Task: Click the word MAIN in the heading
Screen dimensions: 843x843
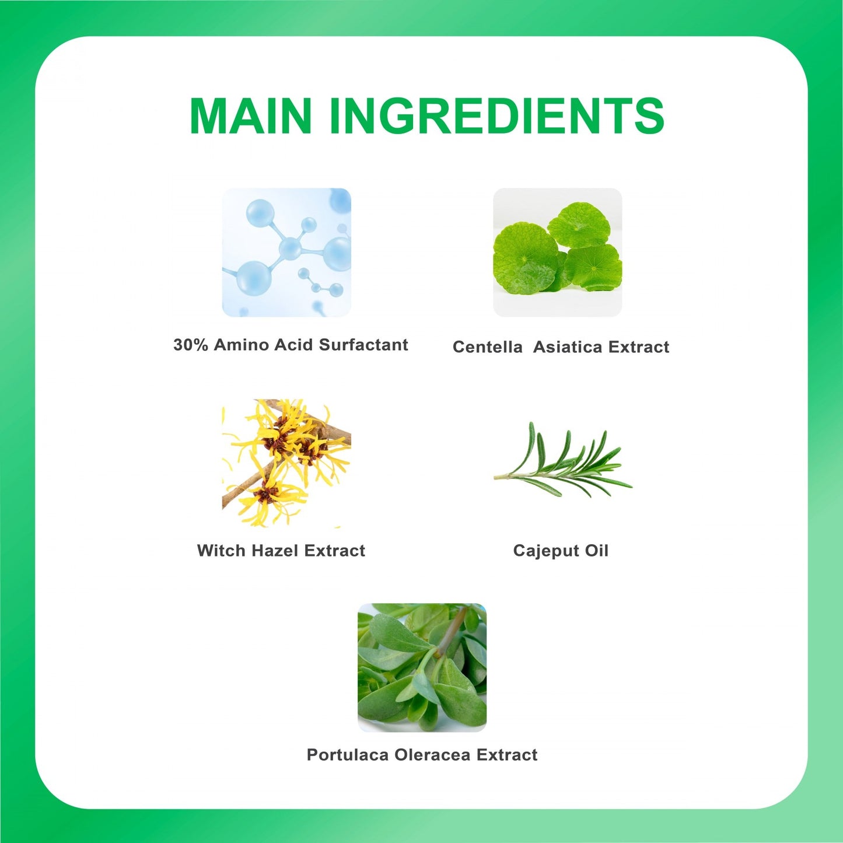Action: (x=250, y=116)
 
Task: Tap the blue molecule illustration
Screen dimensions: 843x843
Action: (x=286, y=253)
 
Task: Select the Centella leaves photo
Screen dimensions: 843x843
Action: (x=557, y=253)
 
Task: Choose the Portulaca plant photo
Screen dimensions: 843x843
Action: (x=422, y=668)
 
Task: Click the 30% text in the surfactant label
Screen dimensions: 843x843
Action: (x=191, y=345)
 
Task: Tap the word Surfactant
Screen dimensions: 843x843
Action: (x=363, y=345)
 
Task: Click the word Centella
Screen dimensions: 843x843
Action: (x=487, y=347)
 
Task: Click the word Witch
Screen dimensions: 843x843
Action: (x=222, y=550)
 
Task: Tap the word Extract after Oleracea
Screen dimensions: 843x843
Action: (x=506, y=755)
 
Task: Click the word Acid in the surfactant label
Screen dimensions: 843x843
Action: (x=294, y=345)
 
